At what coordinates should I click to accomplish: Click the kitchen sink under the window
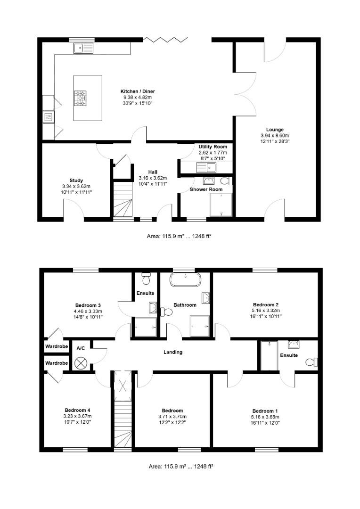[83, 48]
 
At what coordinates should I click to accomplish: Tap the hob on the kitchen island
[81, 98]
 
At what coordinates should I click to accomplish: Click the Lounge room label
[275, 130]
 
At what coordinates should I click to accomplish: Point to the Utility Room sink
[205, 166]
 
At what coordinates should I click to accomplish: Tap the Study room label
[76, 181]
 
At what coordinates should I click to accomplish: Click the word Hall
[152, 172]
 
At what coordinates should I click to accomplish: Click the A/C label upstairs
[81, 348]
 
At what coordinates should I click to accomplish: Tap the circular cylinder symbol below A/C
[81, 363]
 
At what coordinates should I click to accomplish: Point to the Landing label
[173, 352]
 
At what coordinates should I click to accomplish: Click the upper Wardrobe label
[57, 347]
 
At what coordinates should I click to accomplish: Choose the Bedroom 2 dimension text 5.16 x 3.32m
[267, 311]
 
